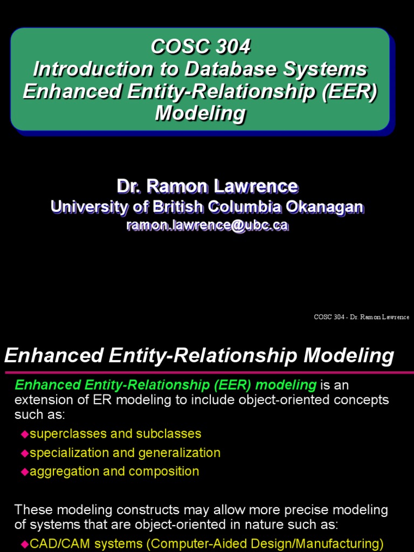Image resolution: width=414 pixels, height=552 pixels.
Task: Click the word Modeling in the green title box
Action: (x=201, y=114)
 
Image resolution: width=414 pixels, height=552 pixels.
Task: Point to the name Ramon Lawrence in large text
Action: (x=222, y=187)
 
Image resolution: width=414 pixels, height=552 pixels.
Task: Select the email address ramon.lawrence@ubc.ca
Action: (x=207, y=225)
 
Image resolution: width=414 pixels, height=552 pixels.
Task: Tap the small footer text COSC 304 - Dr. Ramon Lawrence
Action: (x=361, y=317)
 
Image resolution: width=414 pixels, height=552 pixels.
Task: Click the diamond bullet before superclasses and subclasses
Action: (x=24, y=434)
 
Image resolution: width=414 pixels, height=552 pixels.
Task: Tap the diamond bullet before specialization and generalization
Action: (x=24, y=453)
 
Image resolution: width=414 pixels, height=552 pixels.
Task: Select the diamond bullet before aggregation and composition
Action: (x=24, y=472)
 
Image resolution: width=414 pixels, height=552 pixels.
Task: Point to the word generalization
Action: (x=180, y=452)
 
